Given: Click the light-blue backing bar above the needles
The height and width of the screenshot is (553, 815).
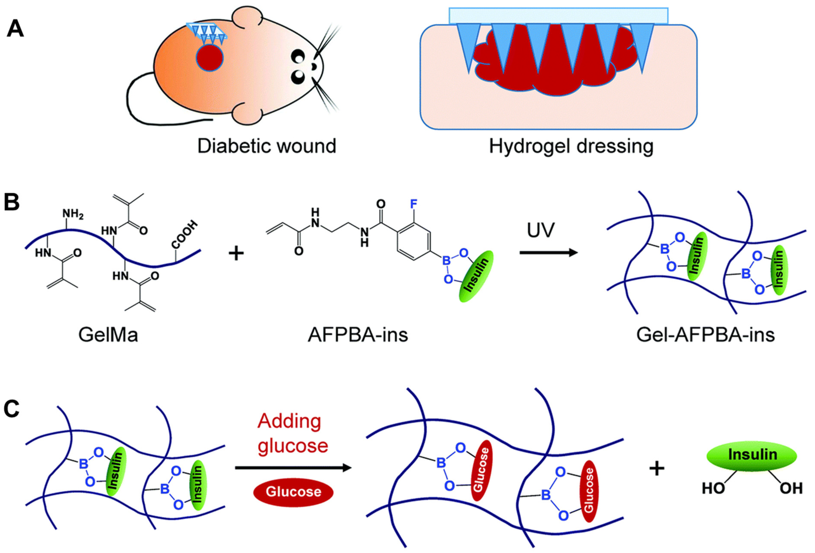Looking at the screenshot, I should [x=558, y=16].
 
